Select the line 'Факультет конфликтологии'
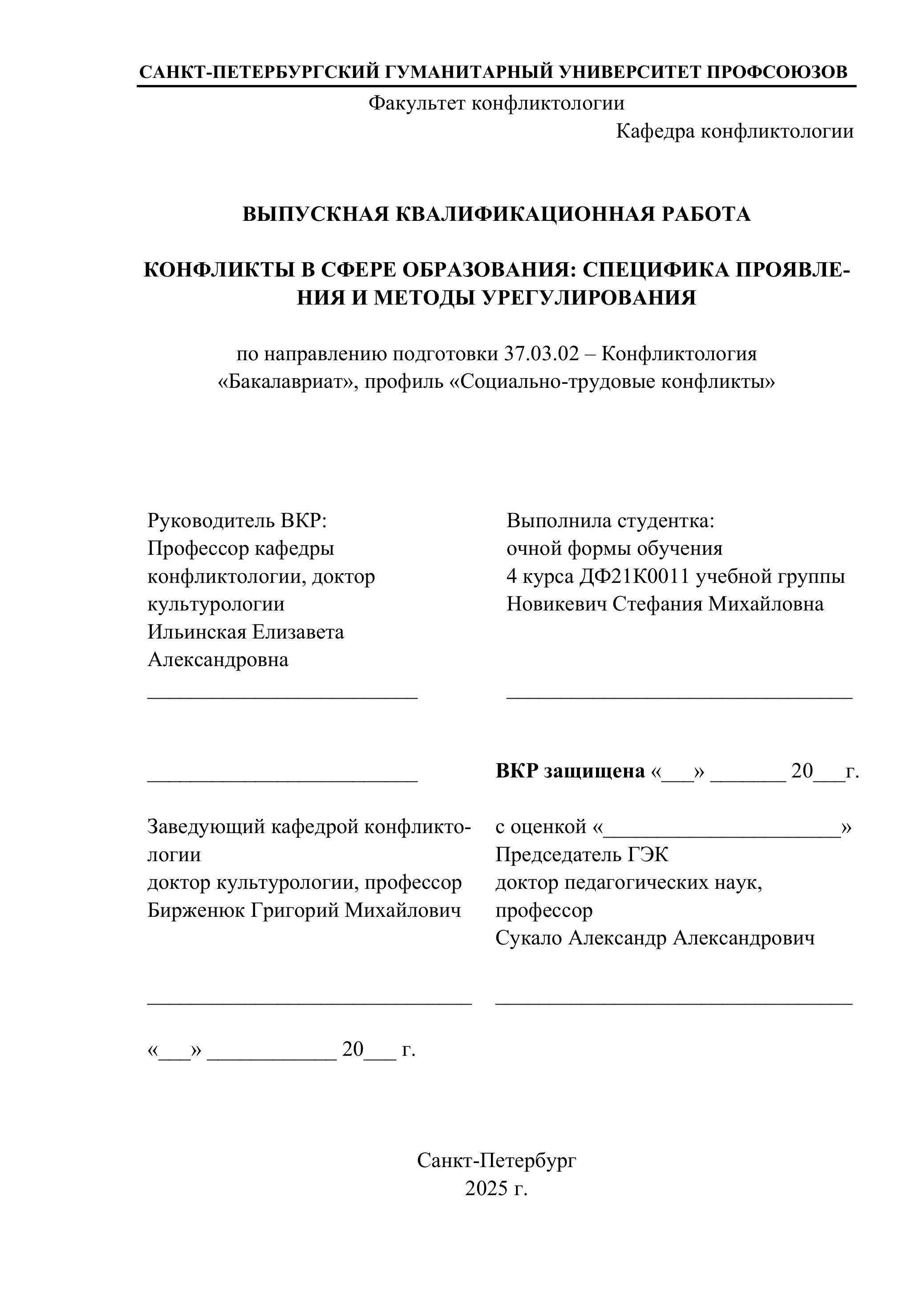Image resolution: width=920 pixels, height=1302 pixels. (497, 103)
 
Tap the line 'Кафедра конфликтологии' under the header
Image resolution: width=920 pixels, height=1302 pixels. (735, 131)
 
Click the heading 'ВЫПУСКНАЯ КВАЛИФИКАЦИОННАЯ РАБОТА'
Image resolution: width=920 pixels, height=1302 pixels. (497, 214)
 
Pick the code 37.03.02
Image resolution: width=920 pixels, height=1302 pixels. (541, 354)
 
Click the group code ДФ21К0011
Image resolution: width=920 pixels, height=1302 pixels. (634, 576)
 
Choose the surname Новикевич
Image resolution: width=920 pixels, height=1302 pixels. (557, 604)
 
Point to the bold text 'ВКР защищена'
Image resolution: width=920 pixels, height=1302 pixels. (570, 771)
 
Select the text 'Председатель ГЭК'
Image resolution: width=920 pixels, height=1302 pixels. (582, 854)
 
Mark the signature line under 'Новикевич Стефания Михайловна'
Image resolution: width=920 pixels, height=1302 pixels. (679, 696)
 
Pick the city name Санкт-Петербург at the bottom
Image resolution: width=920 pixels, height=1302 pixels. (497, 1161)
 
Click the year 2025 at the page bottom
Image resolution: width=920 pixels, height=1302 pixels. (486, 1188)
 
